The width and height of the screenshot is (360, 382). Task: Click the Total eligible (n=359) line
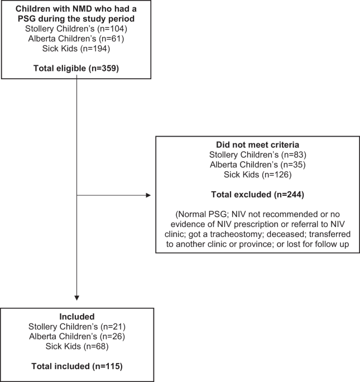pyautogui.click(x=76, y=68)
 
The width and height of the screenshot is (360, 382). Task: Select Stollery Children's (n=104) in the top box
pyautogui.click(x=76, y=28)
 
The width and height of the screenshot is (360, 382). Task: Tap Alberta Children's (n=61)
pyautogui.click(x=76, y=38)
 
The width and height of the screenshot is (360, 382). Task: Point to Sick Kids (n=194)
pyautogui.click(x=76, y=49)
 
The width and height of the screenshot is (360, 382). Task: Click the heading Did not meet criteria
pyautogui.click(x=257, y=144)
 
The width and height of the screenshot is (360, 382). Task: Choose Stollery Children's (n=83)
pyautogui.click(x=257, y=154)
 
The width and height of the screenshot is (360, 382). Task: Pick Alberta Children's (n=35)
pyautogui.click(x=257, y=165)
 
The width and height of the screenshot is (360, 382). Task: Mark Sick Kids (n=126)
pyautogui.click(x=257, y=175)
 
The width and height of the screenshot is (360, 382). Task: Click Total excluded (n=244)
pyautogui.click(x=257, y=195)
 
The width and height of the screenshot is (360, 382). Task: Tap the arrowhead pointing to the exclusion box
pyautogui.click(x=148, y=195)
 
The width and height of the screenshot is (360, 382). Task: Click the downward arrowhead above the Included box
pyautogui.click(x=77, y=298)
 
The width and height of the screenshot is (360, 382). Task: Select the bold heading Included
pyautogui.click(x=77, y=316)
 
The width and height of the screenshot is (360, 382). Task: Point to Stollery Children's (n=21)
pyautogui.click(x=77, y=326)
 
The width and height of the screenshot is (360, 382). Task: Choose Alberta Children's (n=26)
pyautogui.click(x=77, y=336)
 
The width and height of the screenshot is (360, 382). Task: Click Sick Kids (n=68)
pyautogui.click(x=77, y=346)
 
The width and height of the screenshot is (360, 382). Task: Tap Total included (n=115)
pyautogui.click(x=77, y=366)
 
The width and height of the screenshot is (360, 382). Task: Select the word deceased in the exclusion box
pyautogui.click(x=286, y=234)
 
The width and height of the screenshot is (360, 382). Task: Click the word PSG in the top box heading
pyautogui.click(x=27, y=19)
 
